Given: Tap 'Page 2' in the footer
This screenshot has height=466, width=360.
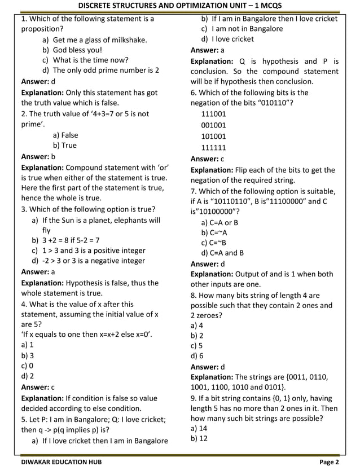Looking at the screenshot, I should tap(329, 461).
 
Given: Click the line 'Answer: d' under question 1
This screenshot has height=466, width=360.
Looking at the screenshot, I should tap(38, 81).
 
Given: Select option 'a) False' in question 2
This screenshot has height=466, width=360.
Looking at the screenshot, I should tap(65, 135).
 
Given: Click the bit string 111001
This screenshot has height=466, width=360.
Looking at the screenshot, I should tap(214, 113).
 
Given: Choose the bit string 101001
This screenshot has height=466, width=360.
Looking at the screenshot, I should tap(214, 136).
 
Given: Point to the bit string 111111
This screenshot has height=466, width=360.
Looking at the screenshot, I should tap(214, 148).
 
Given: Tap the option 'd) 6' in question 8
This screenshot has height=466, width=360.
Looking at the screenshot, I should tap(197, 356).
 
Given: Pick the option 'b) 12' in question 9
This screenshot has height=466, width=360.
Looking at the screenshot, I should tap(199, 438).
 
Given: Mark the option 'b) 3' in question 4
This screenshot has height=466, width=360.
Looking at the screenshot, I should tap(28, 355).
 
